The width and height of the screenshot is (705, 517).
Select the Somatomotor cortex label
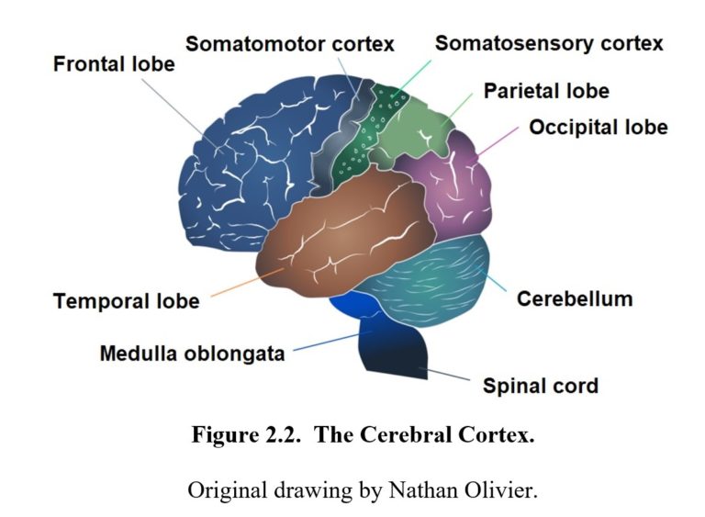289,43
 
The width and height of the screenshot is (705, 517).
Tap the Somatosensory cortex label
548,43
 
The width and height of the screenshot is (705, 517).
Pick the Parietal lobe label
545,92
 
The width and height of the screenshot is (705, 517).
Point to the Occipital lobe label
598,127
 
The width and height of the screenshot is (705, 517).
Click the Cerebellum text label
574,299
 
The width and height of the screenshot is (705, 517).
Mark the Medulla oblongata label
192,353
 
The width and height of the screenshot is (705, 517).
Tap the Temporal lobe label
126,301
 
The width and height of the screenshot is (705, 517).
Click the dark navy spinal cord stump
395,349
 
